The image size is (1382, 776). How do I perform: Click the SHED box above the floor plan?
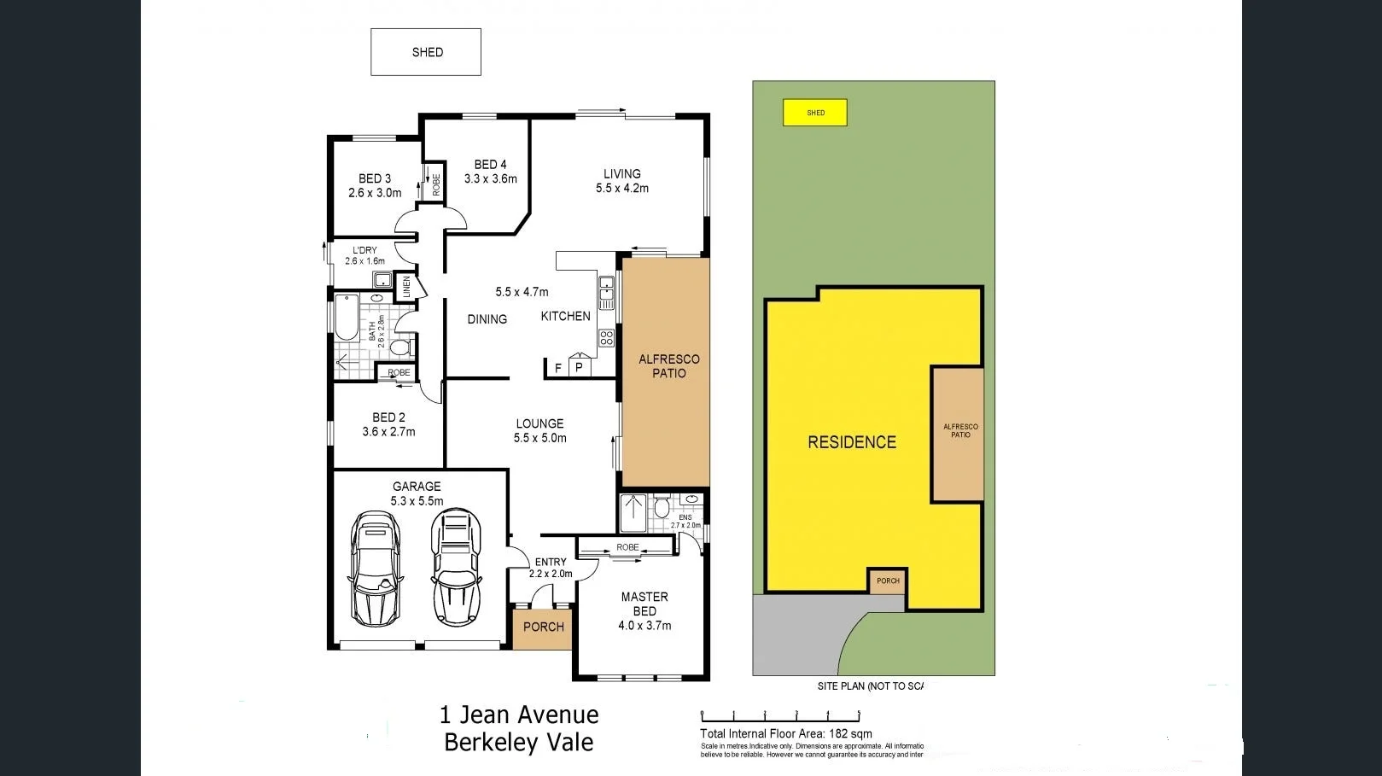click(426, 52)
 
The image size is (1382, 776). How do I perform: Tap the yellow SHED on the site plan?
click(815, 113)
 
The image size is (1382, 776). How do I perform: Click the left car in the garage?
click(375, 569)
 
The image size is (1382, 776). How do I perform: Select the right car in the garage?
click(456, 569)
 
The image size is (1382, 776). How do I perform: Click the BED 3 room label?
click(375, 178)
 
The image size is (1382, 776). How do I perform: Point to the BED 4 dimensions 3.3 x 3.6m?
click(491, 179)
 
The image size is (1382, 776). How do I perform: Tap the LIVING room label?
click(621, 173)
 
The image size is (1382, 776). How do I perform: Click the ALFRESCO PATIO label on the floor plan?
click(668, 366)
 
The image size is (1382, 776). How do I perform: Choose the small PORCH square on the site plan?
click(888, 581)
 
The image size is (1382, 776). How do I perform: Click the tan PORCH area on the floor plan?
click(543, 627)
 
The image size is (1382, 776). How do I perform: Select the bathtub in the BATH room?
click(346, 318)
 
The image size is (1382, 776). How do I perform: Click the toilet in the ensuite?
click(662, 509)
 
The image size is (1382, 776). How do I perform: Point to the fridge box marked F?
click(558, 368)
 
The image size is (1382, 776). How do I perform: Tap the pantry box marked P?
click(580, 367)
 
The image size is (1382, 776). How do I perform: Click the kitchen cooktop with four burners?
click(606, 338)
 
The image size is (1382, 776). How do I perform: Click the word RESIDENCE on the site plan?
click(852, 442)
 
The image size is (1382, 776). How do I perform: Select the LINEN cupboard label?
click(406, 287)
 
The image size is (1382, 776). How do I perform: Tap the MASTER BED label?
click(644, 604)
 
